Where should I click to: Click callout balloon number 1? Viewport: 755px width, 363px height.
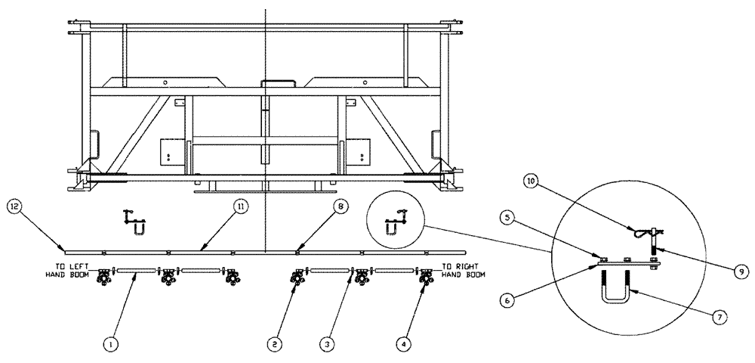(x=111, y=344)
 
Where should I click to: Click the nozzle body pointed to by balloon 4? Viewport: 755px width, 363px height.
(x=426, y=279)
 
